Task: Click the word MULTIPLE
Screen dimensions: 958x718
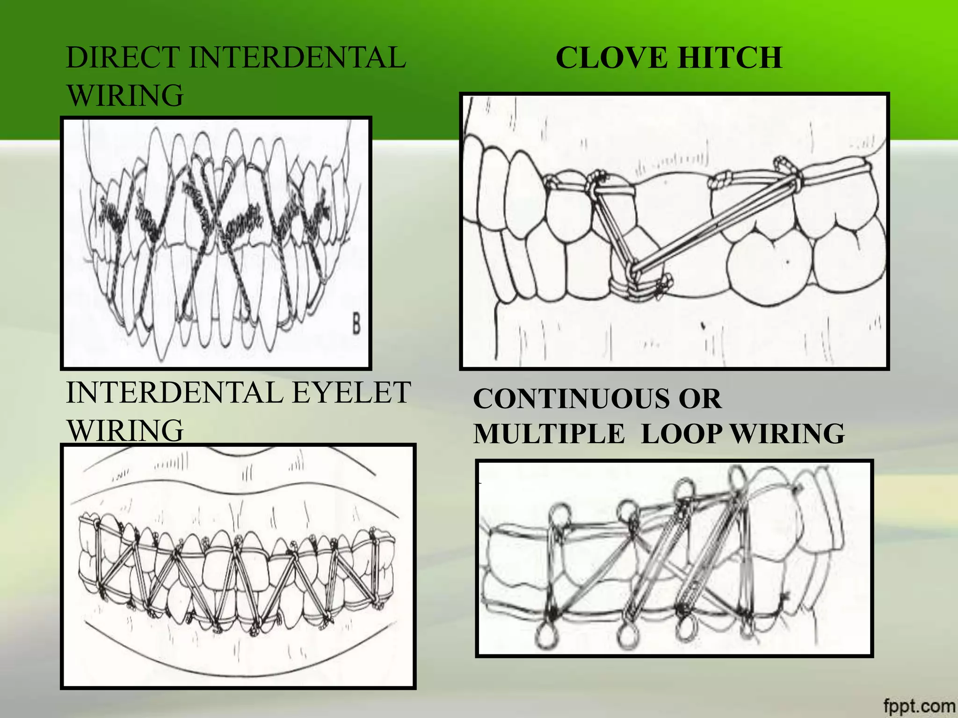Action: (549, 433)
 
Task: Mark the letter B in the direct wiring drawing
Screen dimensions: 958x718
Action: (356, 324)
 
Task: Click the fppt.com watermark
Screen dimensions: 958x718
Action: (920, 705)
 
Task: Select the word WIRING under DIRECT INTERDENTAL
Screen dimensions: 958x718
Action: (125, 95)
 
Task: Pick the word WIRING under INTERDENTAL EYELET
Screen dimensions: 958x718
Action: (125, 430)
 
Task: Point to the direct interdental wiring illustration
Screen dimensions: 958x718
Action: (216, 243)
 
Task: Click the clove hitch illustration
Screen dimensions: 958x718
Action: (674, 231)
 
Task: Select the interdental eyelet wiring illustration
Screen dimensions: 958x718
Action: (238, 567)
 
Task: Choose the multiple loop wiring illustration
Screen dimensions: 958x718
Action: (674, 559)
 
